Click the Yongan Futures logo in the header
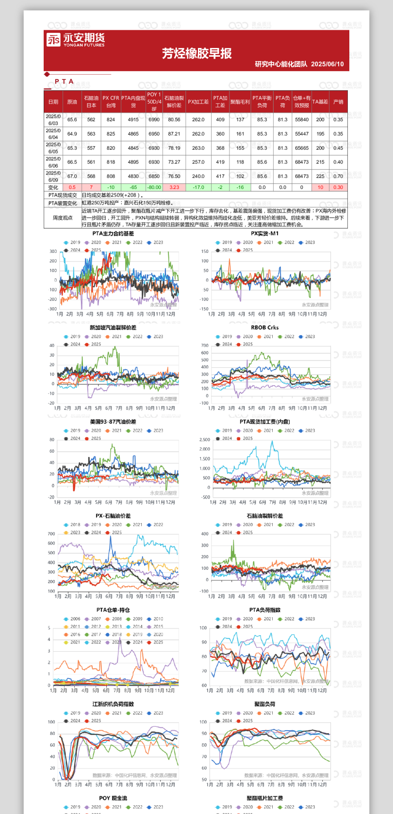coord(75,40)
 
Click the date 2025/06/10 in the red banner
coord(327,64)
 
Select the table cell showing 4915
coord(133,120)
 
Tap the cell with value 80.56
coord(174,120)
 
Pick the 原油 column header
coord(72,102)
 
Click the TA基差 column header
coord(320,102)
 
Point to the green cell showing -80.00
coord(154,188)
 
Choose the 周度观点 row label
coord(63,218)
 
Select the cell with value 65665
coord(301,148)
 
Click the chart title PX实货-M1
coord(264,234)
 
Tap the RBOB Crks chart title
coord(264,328)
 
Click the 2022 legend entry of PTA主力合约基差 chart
coord(137,243)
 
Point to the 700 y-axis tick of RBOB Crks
coord(205,345)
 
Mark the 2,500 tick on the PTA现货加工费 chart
coord(204,440)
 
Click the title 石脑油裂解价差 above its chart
coord(264,516)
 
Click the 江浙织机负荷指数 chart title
coord(113,704)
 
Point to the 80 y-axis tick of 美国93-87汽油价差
coord(52,440)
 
